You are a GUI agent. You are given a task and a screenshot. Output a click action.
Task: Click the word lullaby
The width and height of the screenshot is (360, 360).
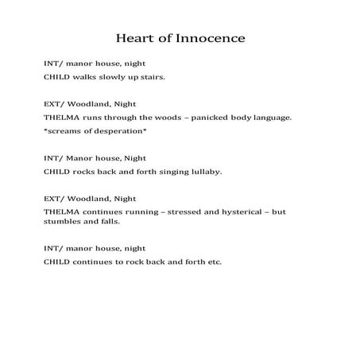[203, 171]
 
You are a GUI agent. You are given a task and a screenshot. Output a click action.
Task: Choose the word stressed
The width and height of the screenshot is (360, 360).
[180, 211]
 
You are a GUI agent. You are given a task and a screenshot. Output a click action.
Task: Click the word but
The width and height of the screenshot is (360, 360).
[280, 211]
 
